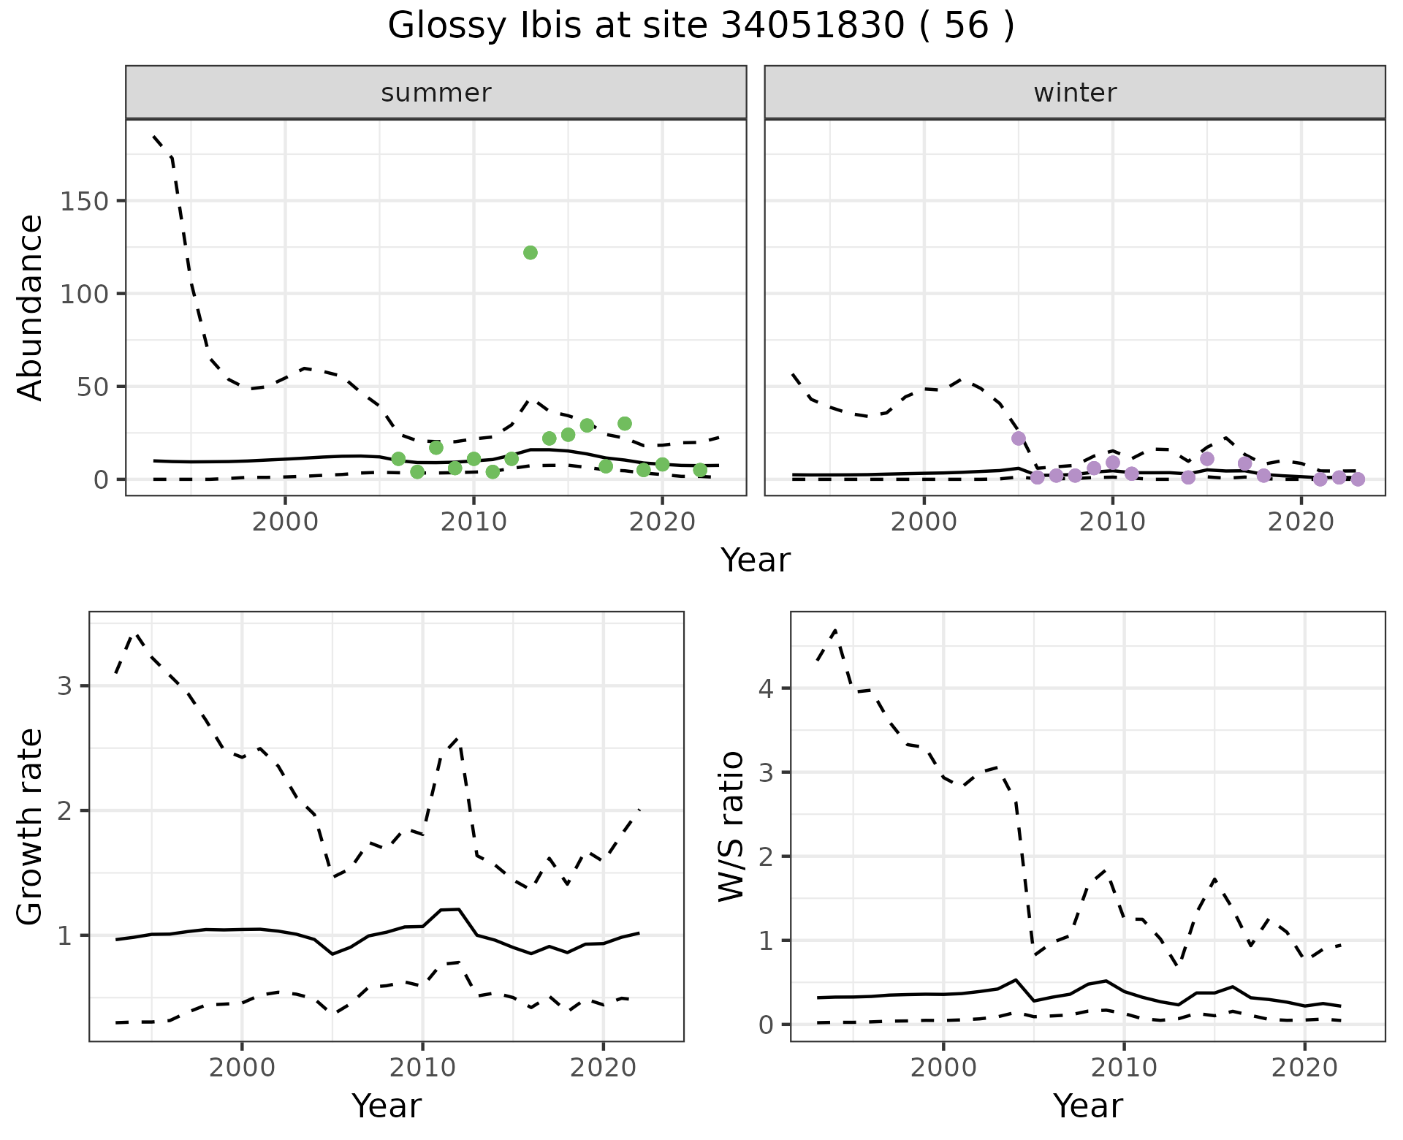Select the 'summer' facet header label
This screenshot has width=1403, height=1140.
click(436, 93)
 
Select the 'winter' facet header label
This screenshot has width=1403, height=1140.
click(1075, 93)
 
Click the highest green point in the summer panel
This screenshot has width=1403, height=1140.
click(531, 253)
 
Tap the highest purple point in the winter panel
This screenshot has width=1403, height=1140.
click(1019, 438)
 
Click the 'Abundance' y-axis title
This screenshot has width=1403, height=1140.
click(31, 307)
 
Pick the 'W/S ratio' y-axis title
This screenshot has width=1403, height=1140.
click(731, 826)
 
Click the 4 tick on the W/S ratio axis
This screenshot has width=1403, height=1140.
click(767, 688)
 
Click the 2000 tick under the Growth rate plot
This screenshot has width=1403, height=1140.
click(242, 1068)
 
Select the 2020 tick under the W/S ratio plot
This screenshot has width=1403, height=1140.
click(1304, 1068)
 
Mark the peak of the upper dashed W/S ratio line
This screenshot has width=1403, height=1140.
click(834, 629)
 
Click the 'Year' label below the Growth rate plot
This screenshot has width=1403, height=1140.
click(387, 1106)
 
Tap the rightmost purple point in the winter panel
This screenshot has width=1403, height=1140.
click(1358, 479)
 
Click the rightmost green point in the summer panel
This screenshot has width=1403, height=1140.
click(700, 470)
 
